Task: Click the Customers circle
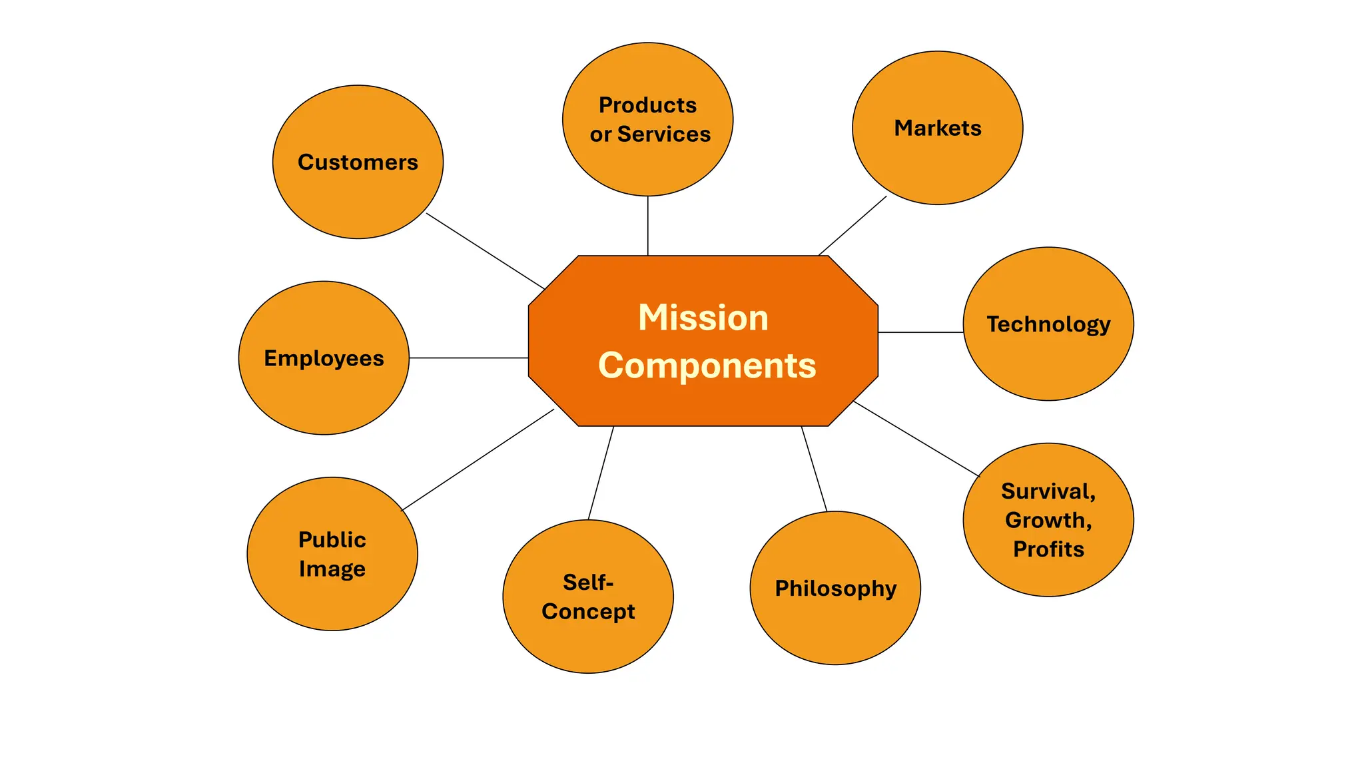point(358,162)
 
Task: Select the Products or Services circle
point(647,119)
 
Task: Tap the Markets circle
point(937,128)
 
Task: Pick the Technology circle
point(1048,324)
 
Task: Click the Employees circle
point(324,358)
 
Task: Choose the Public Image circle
point(332,554)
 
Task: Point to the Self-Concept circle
point(588,597)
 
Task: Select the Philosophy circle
point(835,588)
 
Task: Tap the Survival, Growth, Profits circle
point(1048,520)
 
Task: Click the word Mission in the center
point(703,318)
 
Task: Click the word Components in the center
point(707,366)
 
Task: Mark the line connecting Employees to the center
point(468,358)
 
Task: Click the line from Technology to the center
point(920,332)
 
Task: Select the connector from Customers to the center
point(486,251)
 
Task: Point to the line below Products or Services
point(647,226)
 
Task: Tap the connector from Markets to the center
point(852,226)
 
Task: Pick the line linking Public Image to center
point(478,459)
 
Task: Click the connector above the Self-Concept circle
point(601,473)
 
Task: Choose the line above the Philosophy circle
point(814,469)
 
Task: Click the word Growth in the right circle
point(1047,520)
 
